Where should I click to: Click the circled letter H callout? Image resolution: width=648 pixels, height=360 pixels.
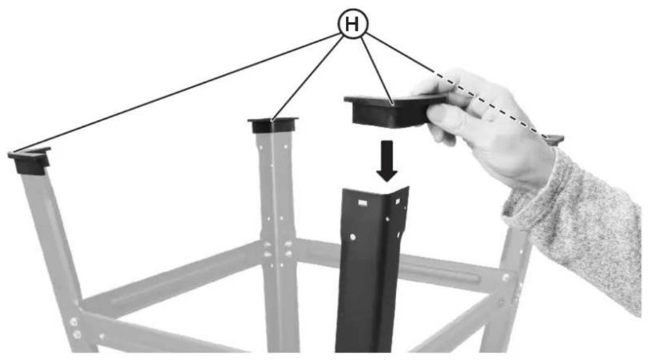click(353, 24)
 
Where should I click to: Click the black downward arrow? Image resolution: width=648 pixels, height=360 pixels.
click(387, 161)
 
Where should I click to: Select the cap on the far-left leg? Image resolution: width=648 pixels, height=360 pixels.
click(30, 160)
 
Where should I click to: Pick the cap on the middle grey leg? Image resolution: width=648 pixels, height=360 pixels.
click(273, 125)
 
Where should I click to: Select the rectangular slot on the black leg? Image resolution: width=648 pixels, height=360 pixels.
click(362, 202)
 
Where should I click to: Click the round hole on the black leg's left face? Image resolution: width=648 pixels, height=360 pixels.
click(352, 237)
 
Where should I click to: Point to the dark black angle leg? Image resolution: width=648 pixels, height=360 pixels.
click(370, 269)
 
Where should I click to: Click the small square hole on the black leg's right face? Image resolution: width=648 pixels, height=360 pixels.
click(397, 201)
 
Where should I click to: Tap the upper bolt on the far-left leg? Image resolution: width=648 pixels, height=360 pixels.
click(74, 321)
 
